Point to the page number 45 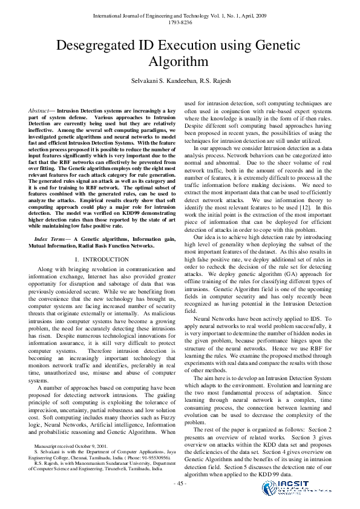[x=180, y=484]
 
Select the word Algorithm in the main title [x=180, y=62]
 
